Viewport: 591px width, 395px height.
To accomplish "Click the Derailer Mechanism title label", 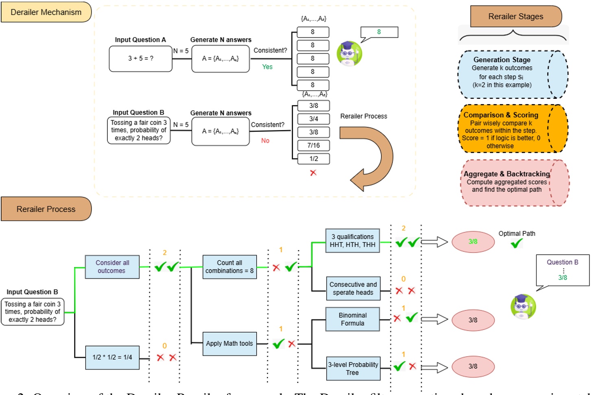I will [x=46, y=12].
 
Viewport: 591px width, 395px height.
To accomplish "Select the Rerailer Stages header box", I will [x=515, y=17].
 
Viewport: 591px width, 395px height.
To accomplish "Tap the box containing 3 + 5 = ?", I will [x=141, y=59].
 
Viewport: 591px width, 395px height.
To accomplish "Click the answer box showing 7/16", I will [x=313, y=146].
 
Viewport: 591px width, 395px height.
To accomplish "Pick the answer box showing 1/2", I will [x=313, y=159].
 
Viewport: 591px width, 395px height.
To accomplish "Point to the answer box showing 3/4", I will [x=313, y=119].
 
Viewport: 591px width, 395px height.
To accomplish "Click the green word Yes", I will [x=267, y=67].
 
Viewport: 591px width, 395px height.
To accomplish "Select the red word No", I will [x=265, y=141].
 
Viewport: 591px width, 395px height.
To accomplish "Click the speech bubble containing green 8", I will [x=379, y=32].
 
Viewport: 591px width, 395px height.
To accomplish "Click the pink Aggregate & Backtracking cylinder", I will [x=515, y=183].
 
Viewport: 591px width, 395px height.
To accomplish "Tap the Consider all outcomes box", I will [x=112, y=267].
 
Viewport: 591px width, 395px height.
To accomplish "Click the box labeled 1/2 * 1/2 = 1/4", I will [x=112, y=358].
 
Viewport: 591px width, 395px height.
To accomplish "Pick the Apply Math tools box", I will [x=229, y=344].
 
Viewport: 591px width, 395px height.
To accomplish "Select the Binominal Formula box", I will [x=352, y=319].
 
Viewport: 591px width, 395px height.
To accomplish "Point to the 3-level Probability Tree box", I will [x=353, y=369].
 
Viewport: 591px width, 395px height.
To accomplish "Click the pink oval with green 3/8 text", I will [x=473, y=242].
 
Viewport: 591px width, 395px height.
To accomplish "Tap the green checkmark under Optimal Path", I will [x=517, y=244].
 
